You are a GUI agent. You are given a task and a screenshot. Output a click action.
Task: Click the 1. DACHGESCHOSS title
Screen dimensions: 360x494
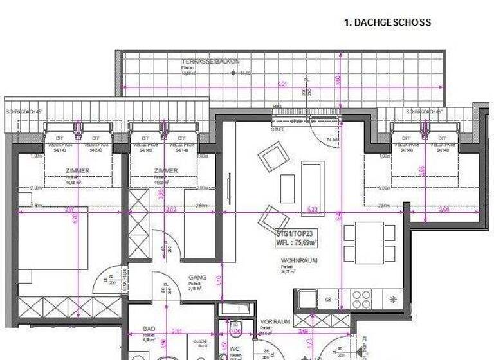tap(387, 22)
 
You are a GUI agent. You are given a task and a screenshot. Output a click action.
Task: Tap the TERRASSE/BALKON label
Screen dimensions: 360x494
tap(210, 62)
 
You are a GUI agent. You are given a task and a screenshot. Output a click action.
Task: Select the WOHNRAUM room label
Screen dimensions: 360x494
tap(295, 260)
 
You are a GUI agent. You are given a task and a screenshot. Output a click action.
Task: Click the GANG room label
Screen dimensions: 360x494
tap(197, 278)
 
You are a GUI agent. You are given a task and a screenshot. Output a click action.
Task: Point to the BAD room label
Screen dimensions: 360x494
tap(149, 328)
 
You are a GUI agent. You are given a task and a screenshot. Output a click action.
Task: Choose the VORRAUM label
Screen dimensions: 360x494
tap(275, 321)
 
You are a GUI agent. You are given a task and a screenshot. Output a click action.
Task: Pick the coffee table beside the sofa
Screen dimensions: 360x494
tap(288, 188)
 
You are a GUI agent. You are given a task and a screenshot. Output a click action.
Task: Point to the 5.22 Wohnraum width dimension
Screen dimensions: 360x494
tap(313, 209)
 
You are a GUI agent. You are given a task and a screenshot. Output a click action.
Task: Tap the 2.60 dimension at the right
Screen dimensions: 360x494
tap(444, 209)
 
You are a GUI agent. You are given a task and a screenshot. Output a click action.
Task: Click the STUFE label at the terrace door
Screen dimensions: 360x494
tap(279, 129)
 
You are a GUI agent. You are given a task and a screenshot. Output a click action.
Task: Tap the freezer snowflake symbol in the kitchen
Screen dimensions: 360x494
tap(392, 299)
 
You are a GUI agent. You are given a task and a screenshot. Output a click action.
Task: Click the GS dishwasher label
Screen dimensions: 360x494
tap(328, 299)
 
